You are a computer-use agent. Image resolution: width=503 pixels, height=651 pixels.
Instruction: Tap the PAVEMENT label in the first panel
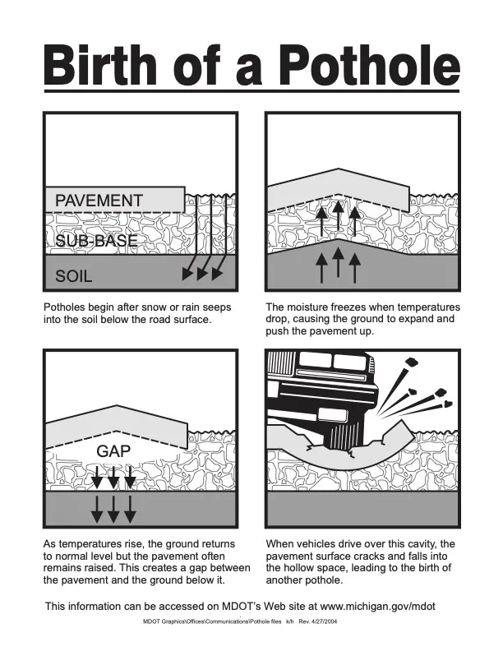pos(99,200)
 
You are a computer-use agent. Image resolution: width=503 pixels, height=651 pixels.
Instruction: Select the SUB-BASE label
pos(96,241)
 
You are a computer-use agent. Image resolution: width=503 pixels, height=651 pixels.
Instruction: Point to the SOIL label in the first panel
pos(74,276)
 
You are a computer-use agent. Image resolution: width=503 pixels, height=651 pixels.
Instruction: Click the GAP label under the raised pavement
pos(113,451)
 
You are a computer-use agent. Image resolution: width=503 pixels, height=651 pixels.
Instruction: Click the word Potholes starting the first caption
pos(67,307)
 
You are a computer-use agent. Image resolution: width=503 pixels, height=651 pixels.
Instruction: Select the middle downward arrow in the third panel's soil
pos(113,508)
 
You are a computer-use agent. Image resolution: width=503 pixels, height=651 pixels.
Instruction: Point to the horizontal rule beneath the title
pos(251,92)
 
